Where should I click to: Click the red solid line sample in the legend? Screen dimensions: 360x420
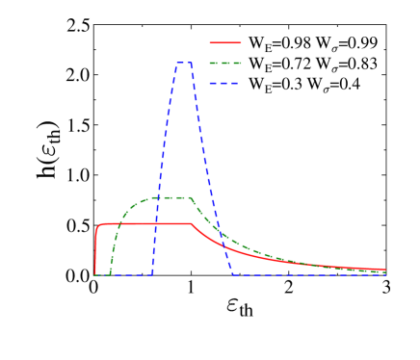click(225, 42)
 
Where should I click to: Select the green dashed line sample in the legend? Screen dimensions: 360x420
click(225, 63)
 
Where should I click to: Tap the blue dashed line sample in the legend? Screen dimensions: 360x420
click(225, 83)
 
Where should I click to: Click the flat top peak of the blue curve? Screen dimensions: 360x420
click(184, 63)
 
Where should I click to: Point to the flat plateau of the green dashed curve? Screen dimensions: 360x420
click(169, 197)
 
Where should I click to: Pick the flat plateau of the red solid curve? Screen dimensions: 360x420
click(144, 223)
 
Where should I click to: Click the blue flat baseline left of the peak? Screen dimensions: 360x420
click(125, 275)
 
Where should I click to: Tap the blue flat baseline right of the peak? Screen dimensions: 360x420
click(308, 275)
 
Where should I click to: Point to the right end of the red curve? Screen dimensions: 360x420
click(385, 270)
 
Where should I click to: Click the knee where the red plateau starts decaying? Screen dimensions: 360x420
click(191, 224)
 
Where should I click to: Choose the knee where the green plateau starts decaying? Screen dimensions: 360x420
click(191, 198)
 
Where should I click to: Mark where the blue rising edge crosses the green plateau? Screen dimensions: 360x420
click(161, 197)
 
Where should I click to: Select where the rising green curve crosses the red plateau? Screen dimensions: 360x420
click(119, 223)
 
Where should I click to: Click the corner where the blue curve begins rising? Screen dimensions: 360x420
click(152, 274)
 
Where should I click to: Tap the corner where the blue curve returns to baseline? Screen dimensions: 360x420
click(234, 274)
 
